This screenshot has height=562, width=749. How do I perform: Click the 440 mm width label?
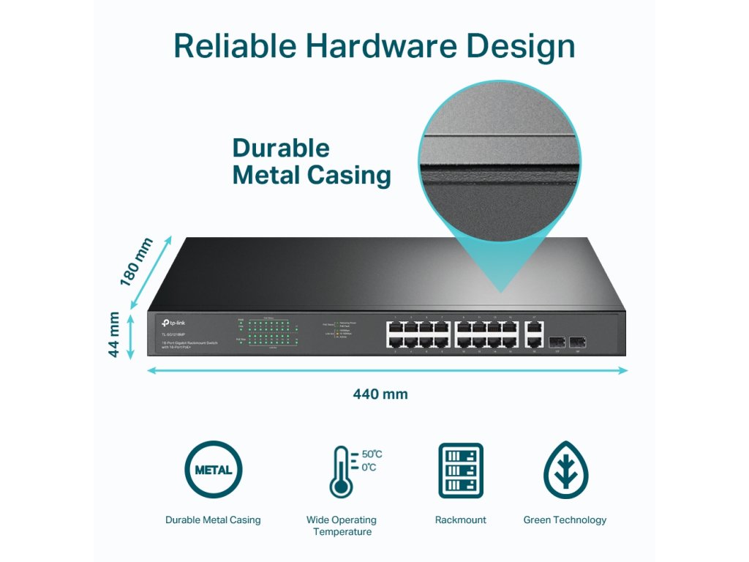(380, 394)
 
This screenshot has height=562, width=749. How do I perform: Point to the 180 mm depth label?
(137, 262)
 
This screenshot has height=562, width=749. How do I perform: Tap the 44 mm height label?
(114, 334)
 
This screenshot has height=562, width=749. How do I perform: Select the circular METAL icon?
(213, 470)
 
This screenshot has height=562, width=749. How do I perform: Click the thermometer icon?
(340, 472)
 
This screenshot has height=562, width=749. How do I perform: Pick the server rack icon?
(460, 470)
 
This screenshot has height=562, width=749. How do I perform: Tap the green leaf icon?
(565, 470)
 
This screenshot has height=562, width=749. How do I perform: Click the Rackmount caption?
(460, 520)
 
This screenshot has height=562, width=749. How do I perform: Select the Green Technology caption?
(565, 520)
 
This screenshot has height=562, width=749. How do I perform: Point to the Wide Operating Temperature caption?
(342, 525)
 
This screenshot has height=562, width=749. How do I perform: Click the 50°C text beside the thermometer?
(372, 454)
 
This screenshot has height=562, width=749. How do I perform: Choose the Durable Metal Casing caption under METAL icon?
(213, 520)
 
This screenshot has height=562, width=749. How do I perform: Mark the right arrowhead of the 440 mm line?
(624, 370)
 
